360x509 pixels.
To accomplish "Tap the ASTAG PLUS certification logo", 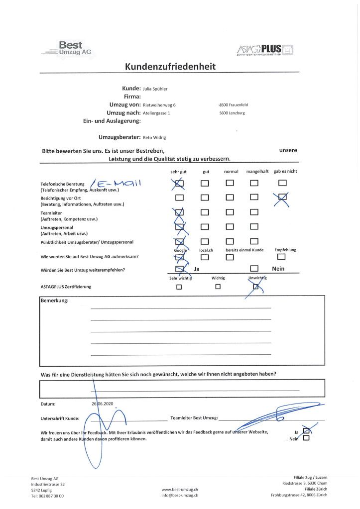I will click(265, 50).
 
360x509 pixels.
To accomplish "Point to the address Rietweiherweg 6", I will click(159, 105).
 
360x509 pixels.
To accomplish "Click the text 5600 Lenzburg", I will click(232, 113).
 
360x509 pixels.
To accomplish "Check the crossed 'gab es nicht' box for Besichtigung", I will click(282, 198).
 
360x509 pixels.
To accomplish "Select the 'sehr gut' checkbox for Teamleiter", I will click(180, 212).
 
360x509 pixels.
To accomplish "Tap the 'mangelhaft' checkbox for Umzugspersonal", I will click(254, 227).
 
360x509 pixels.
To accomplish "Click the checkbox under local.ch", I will click(205, 257).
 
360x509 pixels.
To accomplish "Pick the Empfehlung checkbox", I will click(282, 257).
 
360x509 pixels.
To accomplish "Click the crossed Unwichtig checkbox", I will click(256, 287).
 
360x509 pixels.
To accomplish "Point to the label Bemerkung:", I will click(55, 301).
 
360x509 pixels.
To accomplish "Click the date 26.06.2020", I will click(103, 404).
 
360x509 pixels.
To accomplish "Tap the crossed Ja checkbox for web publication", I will click(306, 431).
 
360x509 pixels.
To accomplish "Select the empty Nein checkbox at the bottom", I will click(306, 438).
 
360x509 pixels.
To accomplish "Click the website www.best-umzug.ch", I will click(180, 490).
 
